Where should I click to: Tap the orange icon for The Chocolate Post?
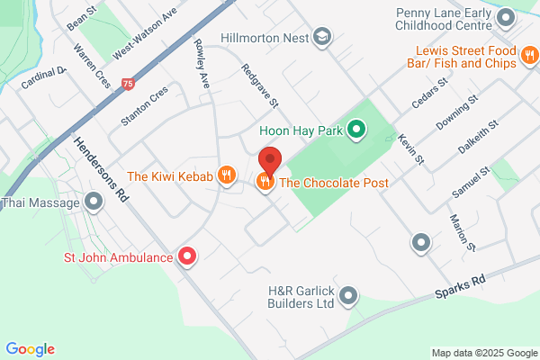(265, 183)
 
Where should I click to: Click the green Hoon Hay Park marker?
(356, 131)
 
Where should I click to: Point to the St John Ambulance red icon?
(187, 257)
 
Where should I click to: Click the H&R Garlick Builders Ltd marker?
(349, 295)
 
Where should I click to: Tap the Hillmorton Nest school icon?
(322, 38)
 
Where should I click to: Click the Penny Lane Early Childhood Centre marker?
(508, 17)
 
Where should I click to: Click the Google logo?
(30, 349)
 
